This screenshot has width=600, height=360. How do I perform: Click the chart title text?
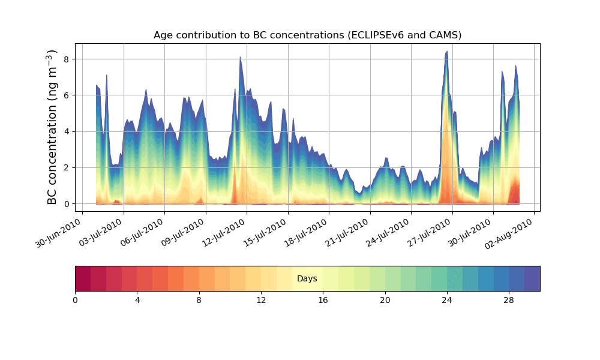[x=307, y=35]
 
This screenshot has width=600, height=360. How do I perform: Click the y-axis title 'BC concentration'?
[x=52, y=127]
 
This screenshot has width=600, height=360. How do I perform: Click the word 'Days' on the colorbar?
[x=307, y=279]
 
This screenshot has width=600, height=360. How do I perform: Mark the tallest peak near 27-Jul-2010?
[x=446, y=52]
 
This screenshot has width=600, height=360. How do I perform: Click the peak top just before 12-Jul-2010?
[x=240, y=58]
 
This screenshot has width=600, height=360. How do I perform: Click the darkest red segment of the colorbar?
[x=83, y=278]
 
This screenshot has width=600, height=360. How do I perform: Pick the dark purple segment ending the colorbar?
[x=532, y=278]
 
